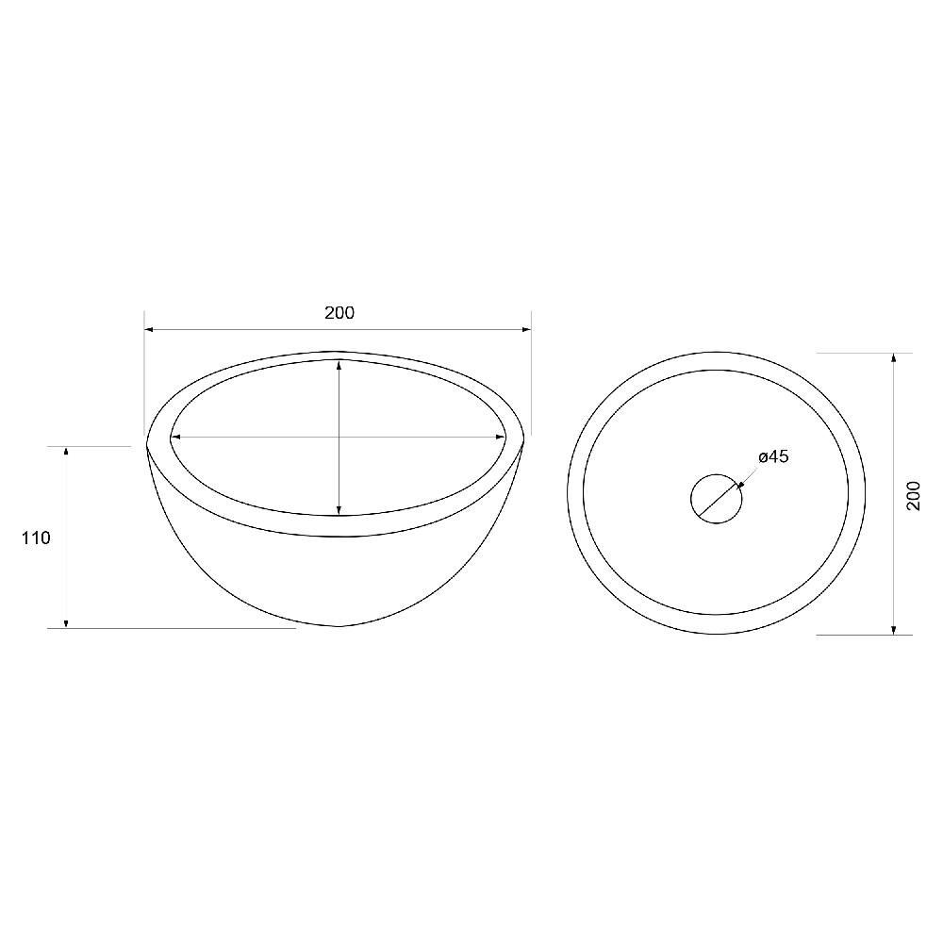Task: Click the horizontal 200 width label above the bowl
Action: [x=339, y=313]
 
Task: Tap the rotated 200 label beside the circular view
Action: [x=913, y=494]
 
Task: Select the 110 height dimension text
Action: [x=35, y=538]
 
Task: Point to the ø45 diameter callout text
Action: [x=773, y=457]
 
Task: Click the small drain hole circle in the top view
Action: [x=717, y=496]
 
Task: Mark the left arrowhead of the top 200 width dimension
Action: [x=149, y=329]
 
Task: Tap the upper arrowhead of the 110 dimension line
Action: [x=66, y=453]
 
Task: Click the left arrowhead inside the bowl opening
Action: [x=174, y=437]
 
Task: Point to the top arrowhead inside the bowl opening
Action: [x=339, y=363]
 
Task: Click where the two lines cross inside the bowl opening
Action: [x=339, y=437]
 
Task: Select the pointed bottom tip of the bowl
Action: [x=339, y=625]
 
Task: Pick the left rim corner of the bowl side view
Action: [x=147, y=443]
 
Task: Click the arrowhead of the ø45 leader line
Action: [x=740, y=487]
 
